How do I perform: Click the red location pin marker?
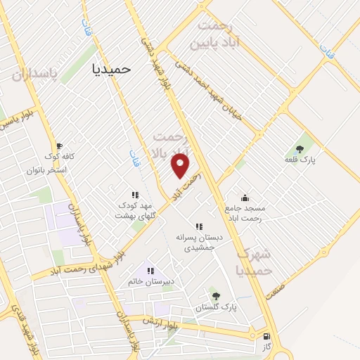click(181, 165)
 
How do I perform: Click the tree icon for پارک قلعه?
click(300, 149)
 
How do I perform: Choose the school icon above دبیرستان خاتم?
click(149, 270)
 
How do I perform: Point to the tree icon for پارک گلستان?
click(215, 296)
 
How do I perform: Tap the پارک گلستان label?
click(217, 308)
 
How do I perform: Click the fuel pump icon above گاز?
click(266, 336)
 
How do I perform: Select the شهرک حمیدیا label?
click(253, 262)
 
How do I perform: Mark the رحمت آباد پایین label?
click(219, 33)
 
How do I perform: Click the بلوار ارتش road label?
click(160, 323)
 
